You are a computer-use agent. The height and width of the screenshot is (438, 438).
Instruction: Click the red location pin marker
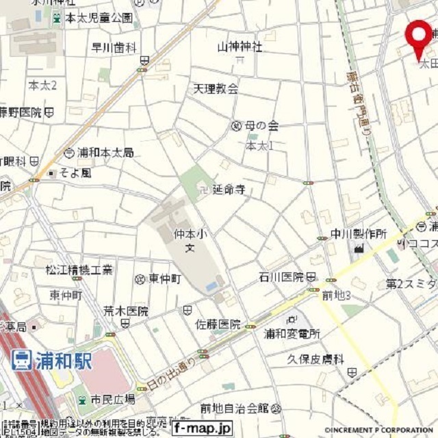419,34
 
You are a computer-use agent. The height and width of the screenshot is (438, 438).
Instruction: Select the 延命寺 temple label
229,188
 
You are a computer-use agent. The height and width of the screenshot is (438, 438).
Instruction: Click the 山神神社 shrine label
240,47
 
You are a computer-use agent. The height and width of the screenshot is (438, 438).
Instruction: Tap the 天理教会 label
216,88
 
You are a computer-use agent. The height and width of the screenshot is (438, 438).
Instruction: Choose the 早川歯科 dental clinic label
114,47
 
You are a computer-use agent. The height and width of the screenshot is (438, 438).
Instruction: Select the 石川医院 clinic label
281,277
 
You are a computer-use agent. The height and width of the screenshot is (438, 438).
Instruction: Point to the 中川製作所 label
359,234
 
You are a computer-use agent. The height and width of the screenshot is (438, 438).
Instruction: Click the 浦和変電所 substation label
292,334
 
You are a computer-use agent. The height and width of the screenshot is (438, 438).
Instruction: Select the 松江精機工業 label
79,270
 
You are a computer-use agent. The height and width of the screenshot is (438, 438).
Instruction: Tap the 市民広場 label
113,399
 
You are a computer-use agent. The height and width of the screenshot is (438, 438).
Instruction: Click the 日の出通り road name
175,372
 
